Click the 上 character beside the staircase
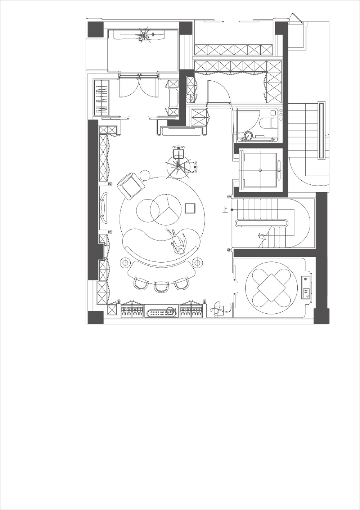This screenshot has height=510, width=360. pyautogui.click(x=225, y=210)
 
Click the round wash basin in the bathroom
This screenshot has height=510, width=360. pyautogui.click(x=248, y=136)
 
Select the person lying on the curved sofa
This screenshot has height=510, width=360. pyautogui.click(x=177, y=242)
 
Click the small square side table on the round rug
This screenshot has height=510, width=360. pyautogui.click(x=190, y=208)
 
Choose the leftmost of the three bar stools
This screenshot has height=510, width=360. pyautogui.click(x=141, y=283)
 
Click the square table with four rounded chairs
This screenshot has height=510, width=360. pyautogui.click(x=271, y=288)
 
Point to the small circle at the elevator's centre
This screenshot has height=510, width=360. pyautogui.click(x=260, y=170)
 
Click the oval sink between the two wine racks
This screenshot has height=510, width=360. pyautogui.click(x=162, y=313)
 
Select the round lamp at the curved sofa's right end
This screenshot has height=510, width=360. pyautogui.click(x=197, y=263)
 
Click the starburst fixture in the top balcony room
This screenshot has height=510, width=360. pyautogui.click(x=144, y=35)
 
